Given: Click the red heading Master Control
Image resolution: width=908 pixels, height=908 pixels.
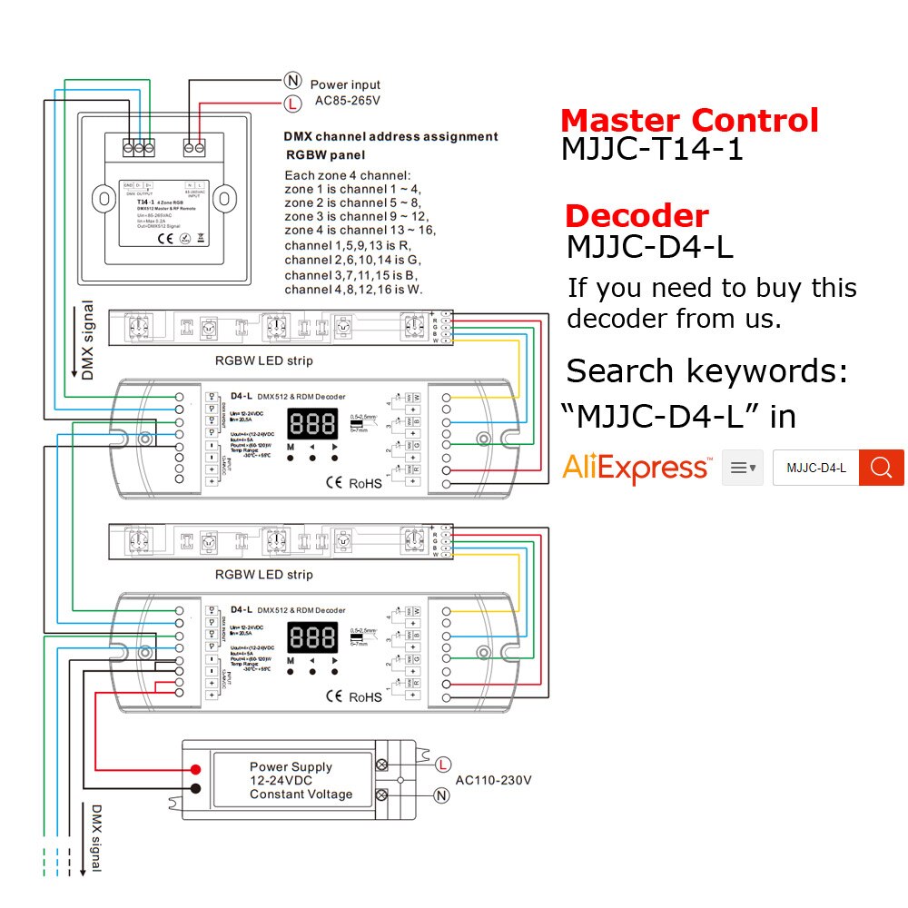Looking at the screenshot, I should coord(689,120).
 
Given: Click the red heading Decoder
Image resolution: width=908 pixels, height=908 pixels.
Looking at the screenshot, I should coord(636,216).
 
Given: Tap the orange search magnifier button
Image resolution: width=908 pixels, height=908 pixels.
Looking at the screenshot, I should coord(882,467).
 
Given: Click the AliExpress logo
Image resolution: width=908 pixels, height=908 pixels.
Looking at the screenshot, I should coord(636,468).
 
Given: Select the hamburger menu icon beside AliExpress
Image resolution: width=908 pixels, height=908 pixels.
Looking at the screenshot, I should coord(743,468).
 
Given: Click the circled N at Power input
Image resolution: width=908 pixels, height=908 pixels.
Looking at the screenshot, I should coord(292,81).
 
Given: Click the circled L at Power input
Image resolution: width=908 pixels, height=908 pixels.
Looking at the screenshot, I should coord(292,104).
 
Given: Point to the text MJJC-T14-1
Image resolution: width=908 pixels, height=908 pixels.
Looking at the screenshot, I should coord(652,150).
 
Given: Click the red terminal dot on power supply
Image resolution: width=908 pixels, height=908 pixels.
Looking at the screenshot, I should coord(195,770).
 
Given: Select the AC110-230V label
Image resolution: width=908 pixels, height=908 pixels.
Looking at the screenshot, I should coord(493,780).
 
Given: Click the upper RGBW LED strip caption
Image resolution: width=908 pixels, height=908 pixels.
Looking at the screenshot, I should coord(263,360).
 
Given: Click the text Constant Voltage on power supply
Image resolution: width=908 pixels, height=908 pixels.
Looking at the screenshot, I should coord(301,794).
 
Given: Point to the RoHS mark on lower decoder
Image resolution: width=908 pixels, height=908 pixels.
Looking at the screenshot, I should coord(365,697).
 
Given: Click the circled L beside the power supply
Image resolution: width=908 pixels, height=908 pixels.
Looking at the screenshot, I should coord(442,764).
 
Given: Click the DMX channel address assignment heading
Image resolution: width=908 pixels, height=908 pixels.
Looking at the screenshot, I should coord(390,137).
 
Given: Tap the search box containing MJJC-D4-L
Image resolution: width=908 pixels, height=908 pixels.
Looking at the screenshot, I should coord(815,468).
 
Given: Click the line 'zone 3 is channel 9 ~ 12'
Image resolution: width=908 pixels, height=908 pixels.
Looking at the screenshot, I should coord(355,216).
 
